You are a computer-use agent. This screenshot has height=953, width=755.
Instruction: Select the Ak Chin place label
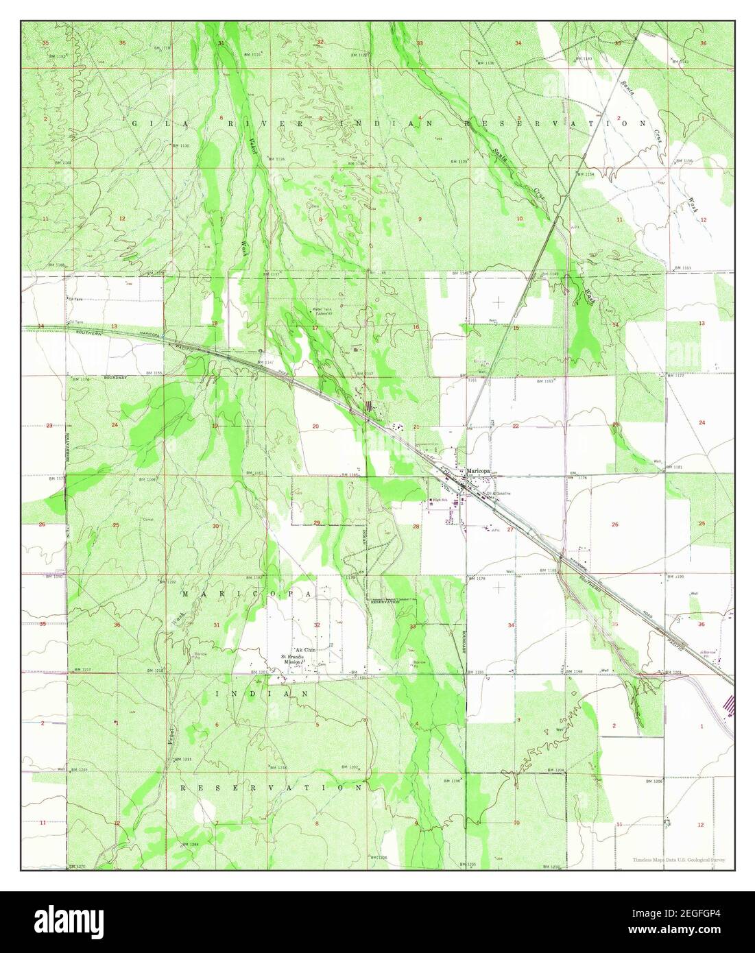[x=304, y=649]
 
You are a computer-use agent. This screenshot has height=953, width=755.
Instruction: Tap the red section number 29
[x=316, y=523]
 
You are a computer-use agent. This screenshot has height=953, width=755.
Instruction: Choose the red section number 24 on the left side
[x=115, y=425]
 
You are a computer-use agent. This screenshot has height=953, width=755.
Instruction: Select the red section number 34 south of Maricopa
[x=511, y=625]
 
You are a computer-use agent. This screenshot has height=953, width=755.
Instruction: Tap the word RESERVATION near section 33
[x=385, y=601]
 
